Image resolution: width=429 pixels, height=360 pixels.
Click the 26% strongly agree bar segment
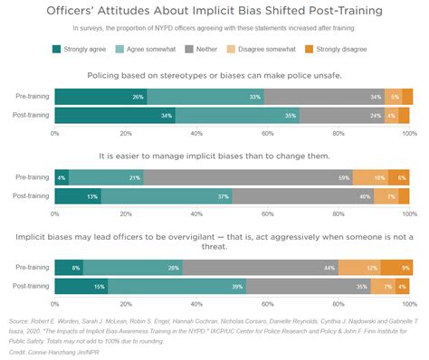point(100,96)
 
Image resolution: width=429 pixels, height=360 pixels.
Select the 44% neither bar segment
point(260,267)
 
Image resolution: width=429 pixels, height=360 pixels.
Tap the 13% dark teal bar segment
point(78,196)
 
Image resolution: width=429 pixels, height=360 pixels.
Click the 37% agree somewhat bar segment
point(167,196)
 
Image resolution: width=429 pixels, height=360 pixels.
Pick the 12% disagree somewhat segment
point(359,267)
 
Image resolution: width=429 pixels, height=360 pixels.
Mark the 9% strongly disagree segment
point(396,267)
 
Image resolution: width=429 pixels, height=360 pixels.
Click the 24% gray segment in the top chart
point(340,116)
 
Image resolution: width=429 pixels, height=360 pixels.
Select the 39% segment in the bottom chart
point(176,287)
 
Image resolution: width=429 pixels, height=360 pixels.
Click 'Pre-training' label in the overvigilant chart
point(33,267)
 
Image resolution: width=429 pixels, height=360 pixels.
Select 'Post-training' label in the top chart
point(32,116)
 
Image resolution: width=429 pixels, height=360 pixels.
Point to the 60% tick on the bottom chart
point(267,304)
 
